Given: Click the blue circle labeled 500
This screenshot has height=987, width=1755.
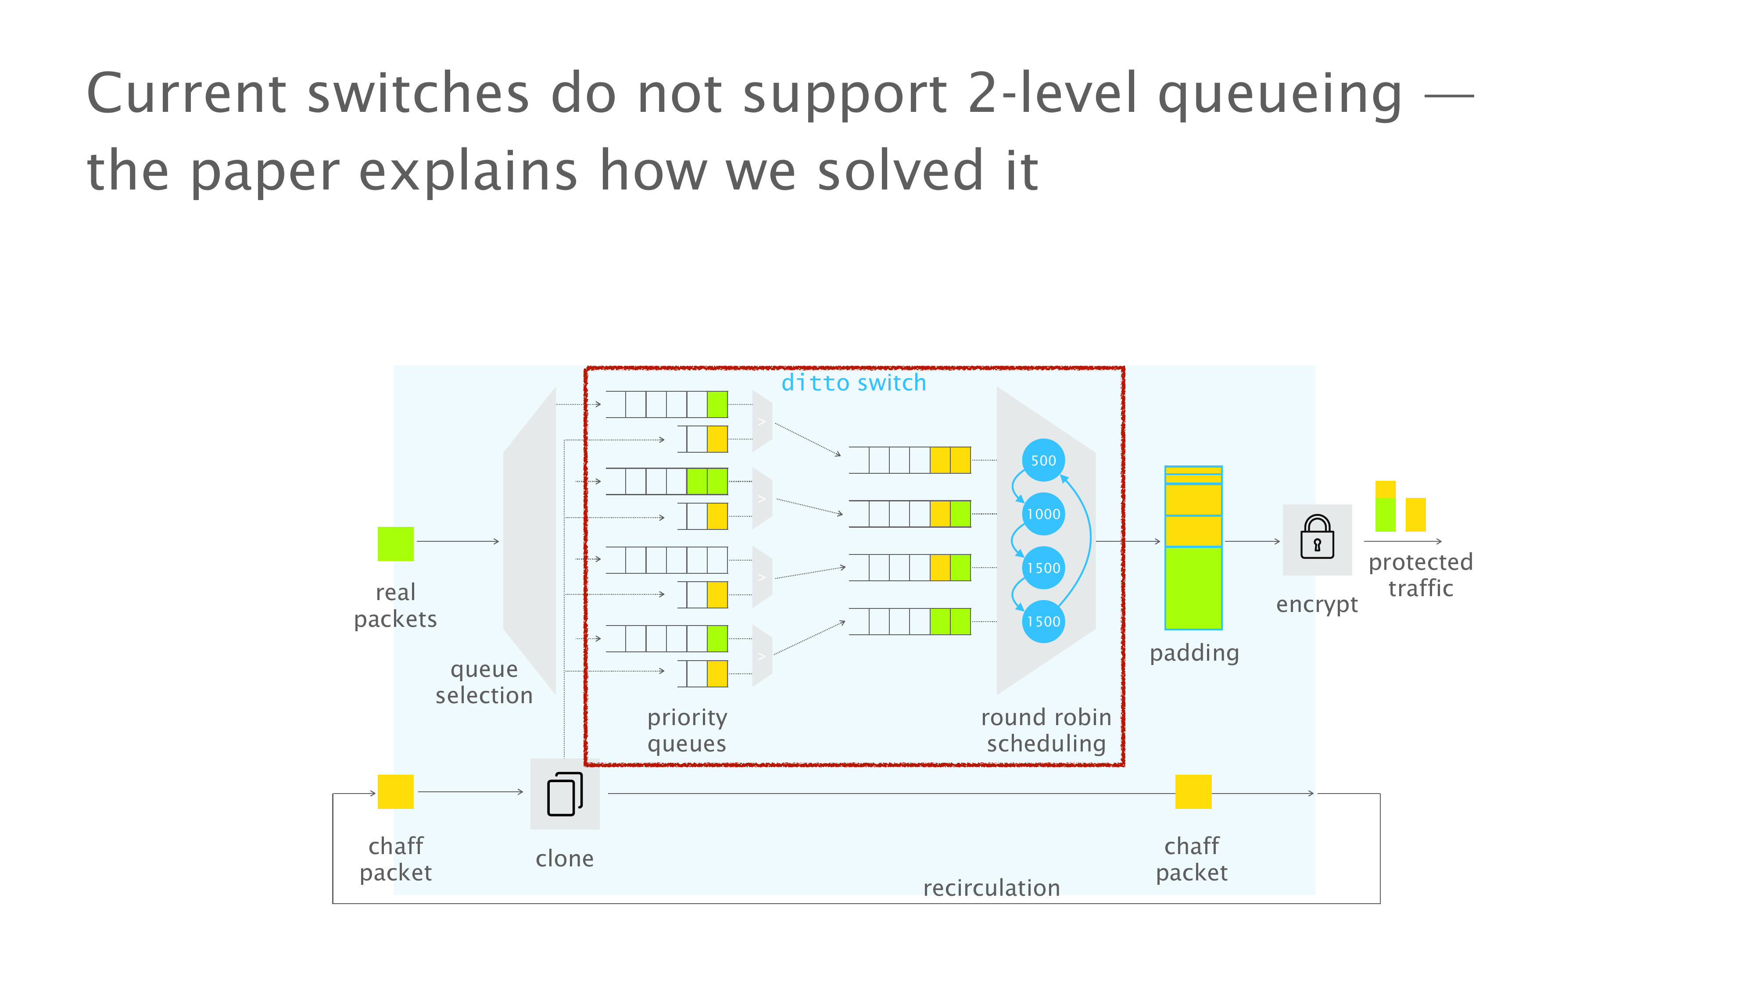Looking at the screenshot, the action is tap(1043, 461).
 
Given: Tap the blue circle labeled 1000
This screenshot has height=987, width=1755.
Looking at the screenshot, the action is tap(1043, 514).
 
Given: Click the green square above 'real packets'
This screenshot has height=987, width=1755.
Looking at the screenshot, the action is tap(395, 544).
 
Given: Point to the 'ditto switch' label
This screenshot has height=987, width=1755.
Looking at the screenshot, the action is tap(854, 383).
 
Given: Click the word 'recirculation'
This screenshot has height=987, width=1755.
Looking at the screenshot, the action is tap(991, 887).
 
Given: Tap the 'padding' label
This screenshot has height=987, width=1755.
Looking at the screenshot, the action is tap(1194, 653).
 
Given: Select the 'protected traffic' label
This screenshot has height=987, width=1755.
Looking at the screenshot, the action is tap(1421, 575).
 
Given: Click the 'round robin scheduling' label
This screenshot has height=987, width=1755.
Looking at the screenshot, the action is tap(1046, 730).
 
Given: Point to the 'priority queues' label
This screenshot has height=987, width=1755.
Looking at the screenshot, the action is tap(687, 731).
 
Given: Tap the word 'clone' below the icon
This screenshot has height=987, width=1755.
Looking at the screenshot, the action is tap(564, 858).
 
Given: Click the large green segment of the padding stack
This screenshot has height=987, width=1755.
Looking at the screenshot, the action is tap(1193, 588).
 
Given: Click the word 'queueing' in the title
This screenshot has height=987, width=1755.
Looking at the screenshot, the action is tap(1279, 95).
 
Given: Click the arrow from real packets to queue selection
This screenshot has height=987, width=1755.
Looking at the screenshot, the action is tap(458, 541).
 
